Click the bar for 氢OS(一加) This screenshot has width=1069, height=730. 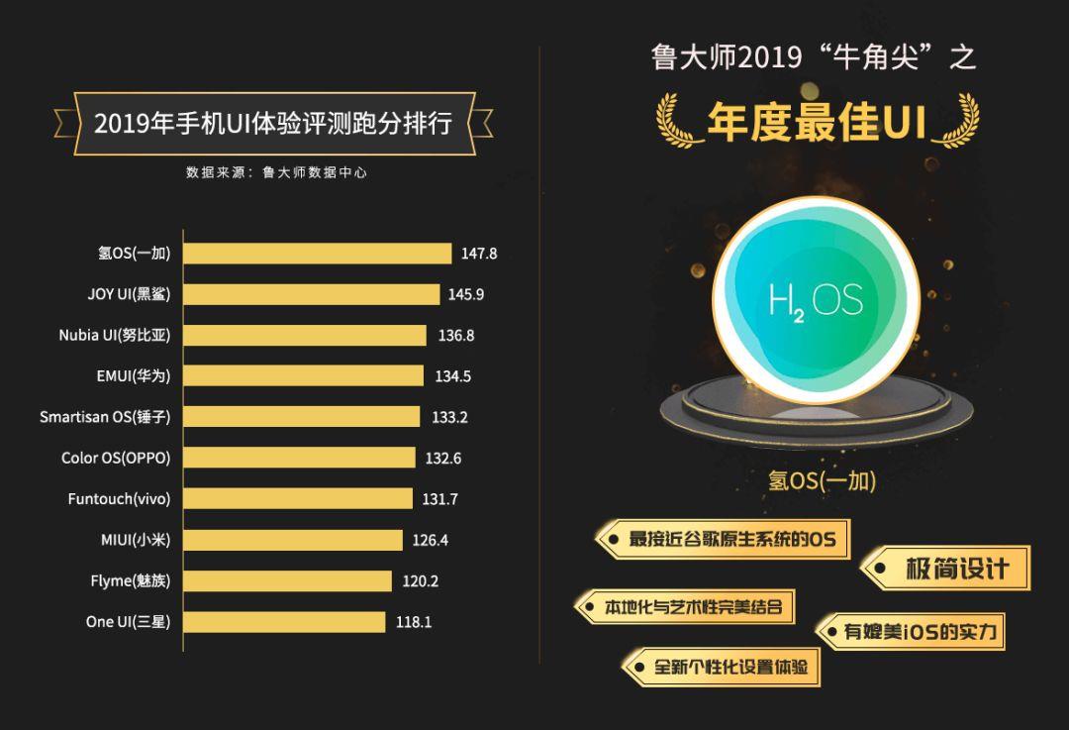[318, 254]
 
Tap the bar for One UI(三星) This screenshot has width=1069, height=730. [285, 622]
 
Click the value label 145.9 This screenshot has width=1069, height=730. [466, 294]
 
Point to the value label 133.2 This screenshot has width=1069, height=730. [449, 417]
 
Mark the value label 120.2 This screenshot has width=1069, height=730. [421, 581]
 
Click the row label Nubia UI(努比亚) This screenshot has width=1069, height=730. [114, 336]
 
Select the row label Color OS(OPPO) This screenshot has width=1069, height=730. [116, 459]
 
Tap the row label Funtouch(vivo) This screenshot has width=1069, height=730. [119, 499]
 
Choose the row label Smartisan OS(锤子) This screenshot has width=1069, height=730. [105, 417]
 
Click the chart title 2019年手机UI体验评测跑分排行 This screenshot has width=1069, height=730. [273, 124]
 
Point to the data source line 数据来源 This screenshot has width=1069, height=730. [276, 172]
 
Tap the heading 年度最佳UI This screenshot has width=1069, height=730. [817, 123]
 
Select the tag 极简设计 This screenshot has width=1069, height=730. [955, 569]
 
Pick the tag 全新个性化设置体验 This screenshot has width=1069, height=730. [730, 667]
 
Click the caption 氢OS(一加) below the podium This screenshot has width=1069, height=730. [823, 481]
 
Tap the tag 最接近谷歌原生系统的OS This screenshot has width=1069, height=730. [731, 540]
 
